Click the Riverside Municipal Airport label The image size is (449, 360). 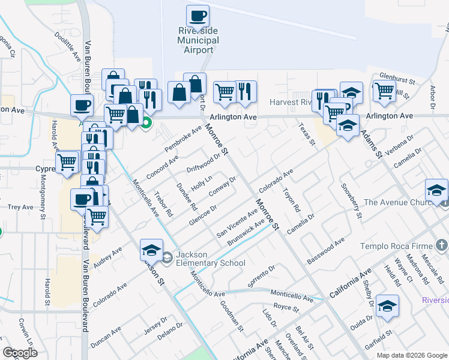(199, 40)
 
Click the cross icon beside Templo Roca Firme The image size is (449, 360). (441, 245)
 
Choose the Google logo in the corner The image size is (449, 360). (20, 352)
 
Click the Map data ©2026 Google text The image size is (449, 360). (412, 355)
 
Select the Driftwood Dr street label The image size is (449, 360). (203, 161)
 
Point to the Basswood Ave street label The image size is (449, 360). (325, 251)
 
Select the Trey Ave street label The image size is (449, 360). (20, 207)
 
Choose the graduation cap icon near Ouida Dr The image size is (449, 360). (388, 305)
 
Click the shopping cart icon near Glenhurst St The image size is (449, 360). (384, 91)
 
